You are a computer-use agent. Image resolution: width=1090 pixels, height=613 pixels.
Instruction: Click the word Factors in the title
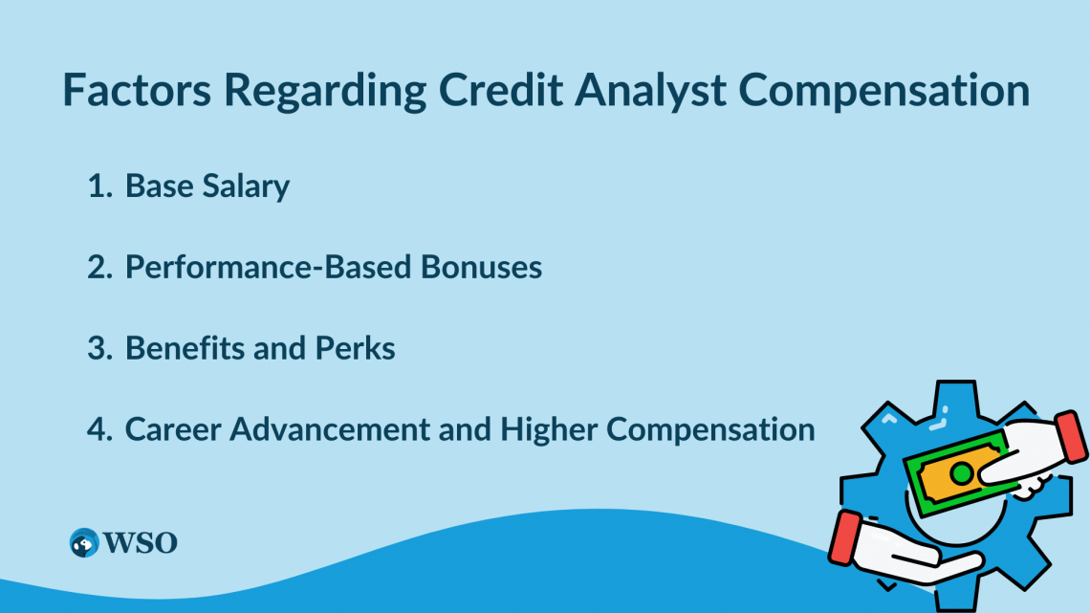(137, 90)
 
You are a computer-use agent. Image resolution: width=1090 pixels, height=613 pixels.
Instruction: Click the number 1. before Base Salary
(100, 186)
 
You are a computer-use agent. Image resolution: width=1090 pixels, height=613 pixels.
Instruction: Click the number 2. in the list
(100, 267)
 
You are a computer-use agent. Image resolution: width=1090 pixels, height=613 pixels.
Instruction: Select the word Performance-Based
(269, 267)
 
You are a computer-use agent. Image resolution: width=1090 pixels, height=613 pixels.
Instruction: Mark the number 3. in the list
(100, 348)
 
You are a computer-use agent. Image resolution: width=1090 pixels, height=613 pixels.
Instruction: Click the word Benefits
(185, 347)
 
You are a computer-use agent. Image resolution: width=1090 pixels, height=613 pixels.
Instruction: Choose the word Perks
(356, 347)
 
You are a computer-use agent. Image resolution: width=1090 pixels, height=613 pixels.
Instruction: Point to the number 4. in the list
(100, 429)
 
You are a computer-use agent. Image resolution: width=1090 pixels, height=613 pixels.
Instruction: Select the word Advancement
(330, 428)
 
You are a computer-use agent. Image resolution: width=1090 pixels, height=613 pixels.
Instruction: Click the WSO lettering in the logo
(141, 543)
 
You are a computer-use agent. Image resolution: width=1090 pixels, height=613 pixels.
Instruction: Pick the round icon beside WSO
(84, 543)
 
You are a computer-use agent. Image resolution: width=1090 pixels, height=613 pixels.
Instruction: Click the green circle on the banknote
(962, 474)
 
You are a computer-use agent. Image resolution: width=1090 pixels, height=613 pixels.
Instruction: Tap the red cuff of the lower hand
(845, 537)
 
